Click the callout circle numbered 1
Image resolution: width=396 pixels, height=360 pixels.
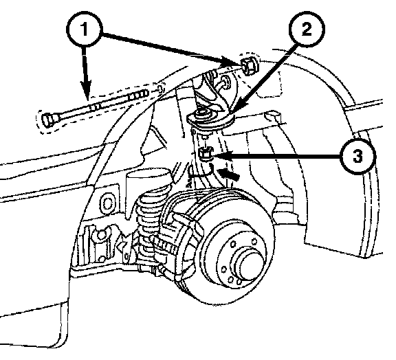pos(85,30)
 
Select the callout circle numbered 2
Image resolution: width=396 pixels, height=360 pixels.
pos(307,29)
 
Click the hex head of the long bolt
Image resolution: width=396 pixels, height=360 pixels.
pos(48,120)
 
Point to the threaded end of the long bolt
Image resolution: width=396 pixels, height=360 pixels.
pos(137,95)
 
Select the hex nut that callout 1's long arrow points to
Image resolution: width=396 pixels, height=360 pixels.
pos(249,67)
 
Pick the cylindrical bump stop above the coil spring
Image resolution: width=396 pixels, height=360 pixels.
pos(149,180)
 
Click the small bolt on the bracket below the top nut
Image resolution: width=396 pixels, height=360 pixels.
pos(225,82)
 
